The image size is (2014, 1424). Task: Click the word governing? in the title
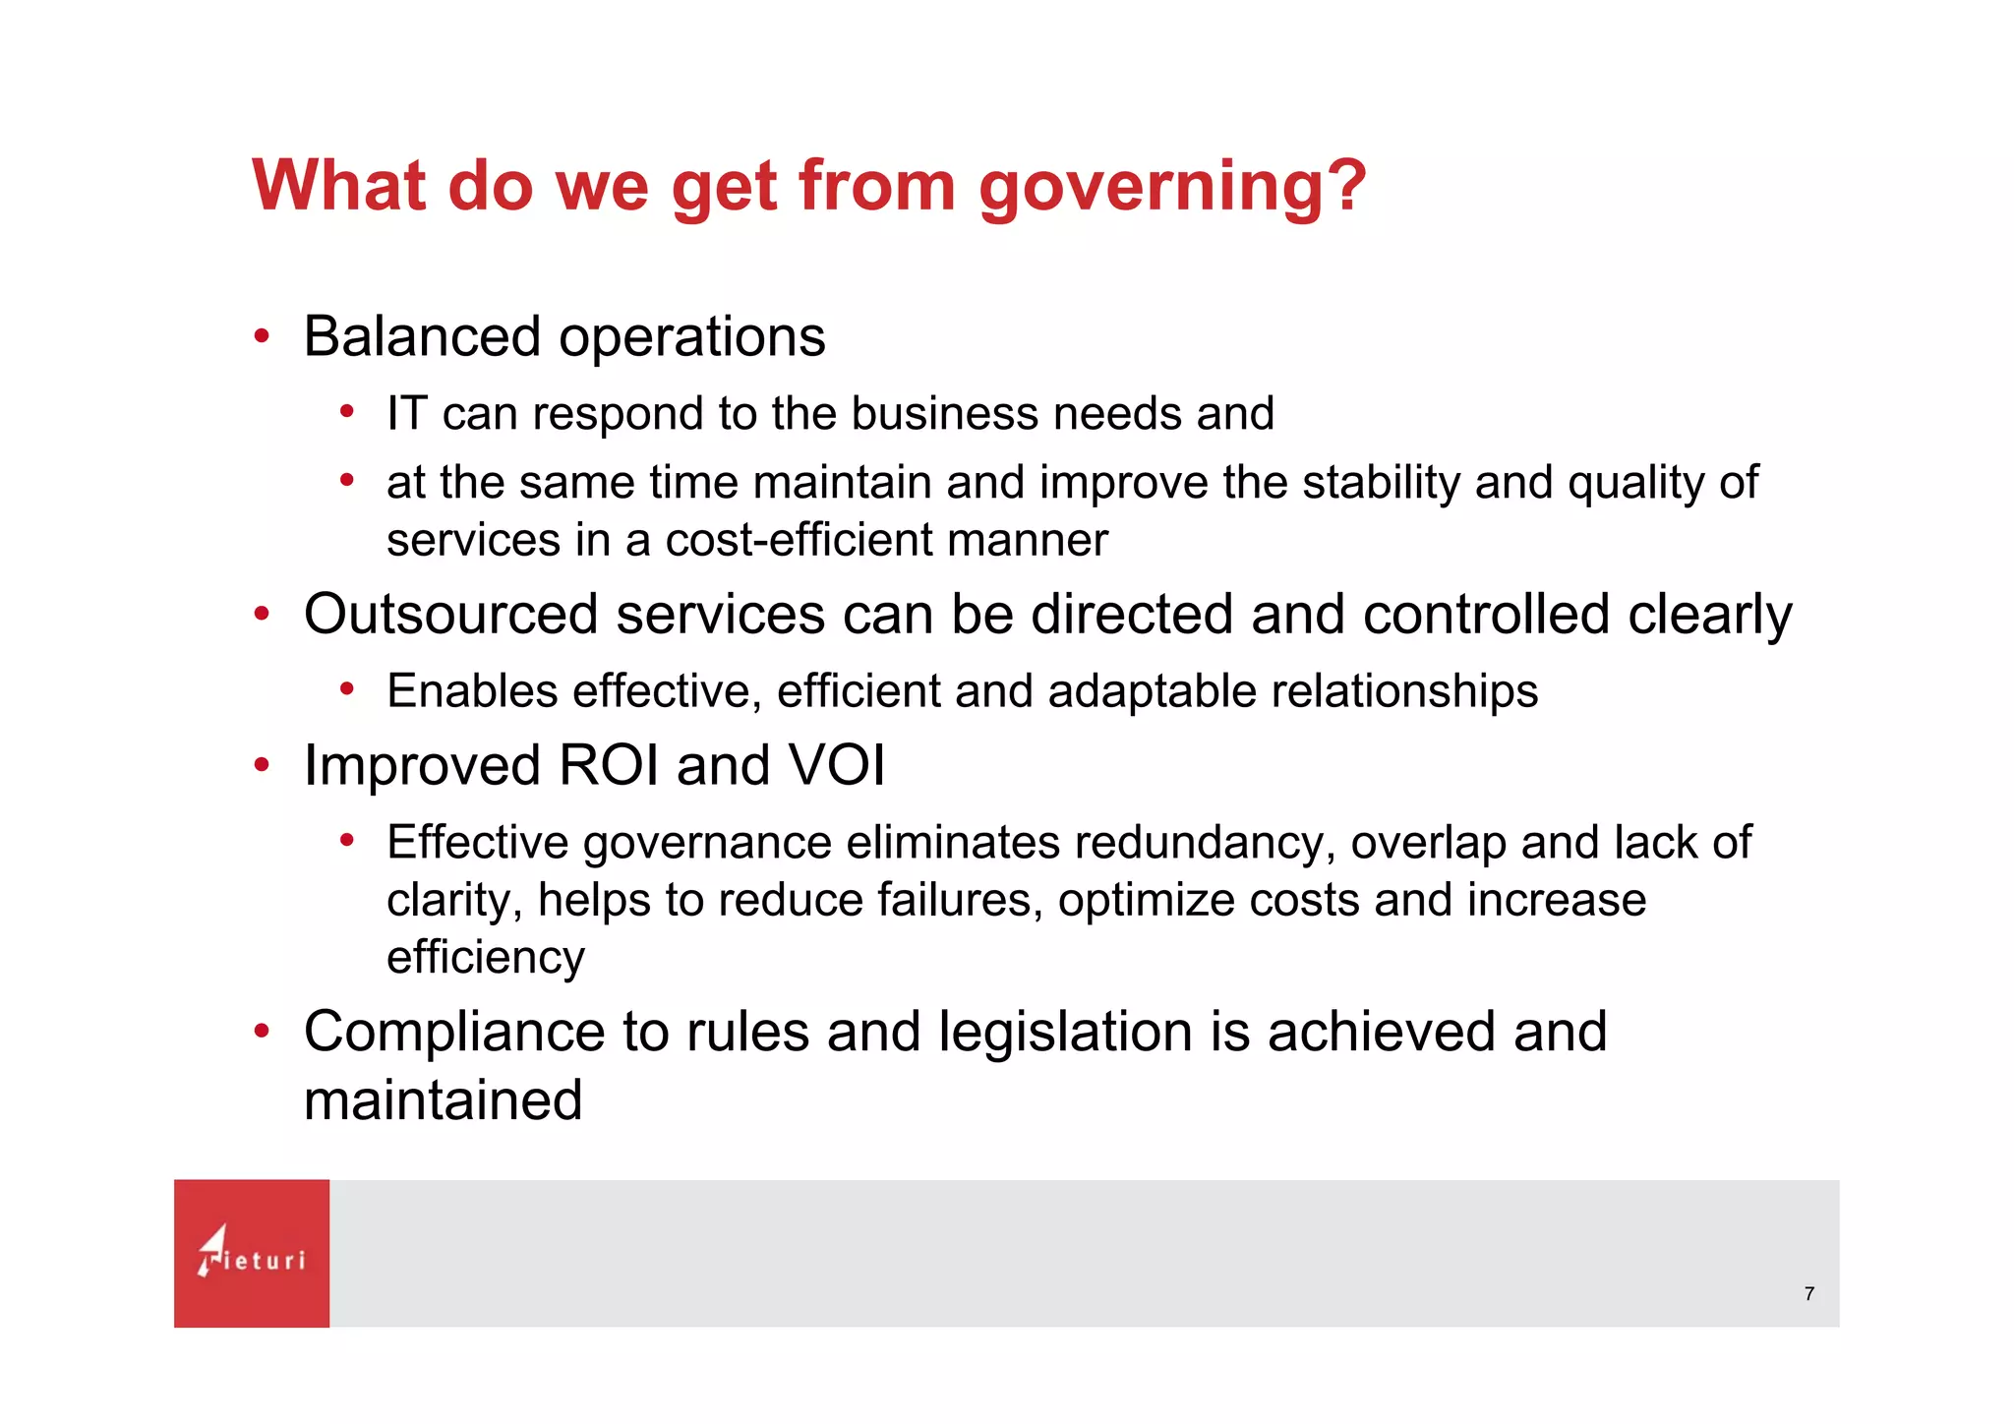[x=1172, y=187]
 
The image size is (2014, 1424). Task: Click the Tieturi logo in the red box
[x=252, y=1253]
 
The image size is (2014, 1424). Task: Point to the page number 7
[x=1808, y=1294]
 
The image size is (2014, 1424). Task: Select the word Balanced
[x=422, y=336]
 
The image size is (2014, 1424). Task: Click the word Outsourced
[x=450, y=615]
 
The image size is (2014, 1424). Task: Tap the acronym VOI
[x=836, y=765]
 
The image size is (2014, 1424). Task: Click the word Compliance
[x=453, y=1033]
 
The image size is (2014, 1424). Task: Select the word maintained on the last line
[x=443, y=1099]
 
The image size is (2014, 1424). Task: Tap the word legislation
[x=1065, y=1033]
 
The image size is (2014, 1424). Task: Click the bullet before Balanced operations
[x=261, y=337]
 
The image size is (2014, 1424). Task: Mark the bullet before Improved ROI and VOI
[x=261, y=765]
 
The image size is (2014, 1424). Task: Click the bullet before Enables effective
[x=346, y=689]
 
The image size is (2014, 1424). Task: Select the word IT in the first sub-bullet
[x=406, y=413]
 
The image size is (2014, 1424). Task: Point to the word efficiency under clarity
[x=485, y=958]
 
